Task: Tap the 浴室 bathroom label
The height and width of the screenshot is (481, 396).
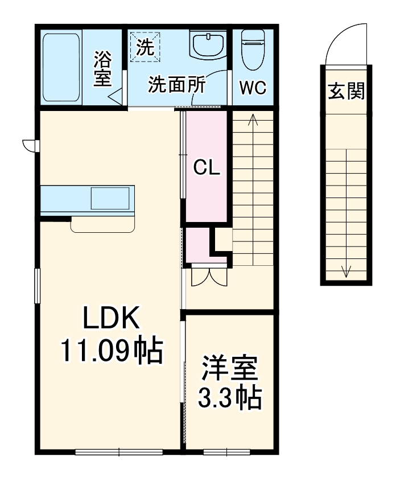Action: pos(103,68)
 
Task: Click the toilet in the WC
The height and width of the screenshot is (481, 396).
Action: pos(252,48)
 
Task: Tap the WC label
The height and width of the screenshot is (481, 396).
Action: pos(253,88)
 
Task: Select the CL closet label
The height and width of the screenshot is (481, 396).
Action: pos(206,167)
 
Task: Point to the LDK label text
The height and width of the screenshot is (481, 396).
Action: pos(112,319)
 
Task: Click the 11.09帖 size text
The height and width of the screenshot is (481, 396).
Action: pos(112,351)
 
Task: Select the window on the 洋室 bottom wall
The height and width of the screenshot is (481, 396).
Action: pos(227,452)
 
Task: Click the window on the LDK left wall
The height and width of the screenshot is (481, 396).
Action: pos(37,286)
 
